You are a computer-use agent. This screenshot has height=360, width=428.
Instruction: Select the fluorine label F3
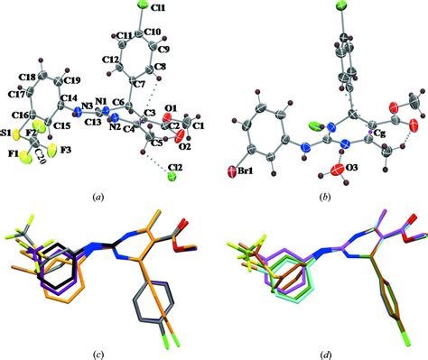69,150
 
